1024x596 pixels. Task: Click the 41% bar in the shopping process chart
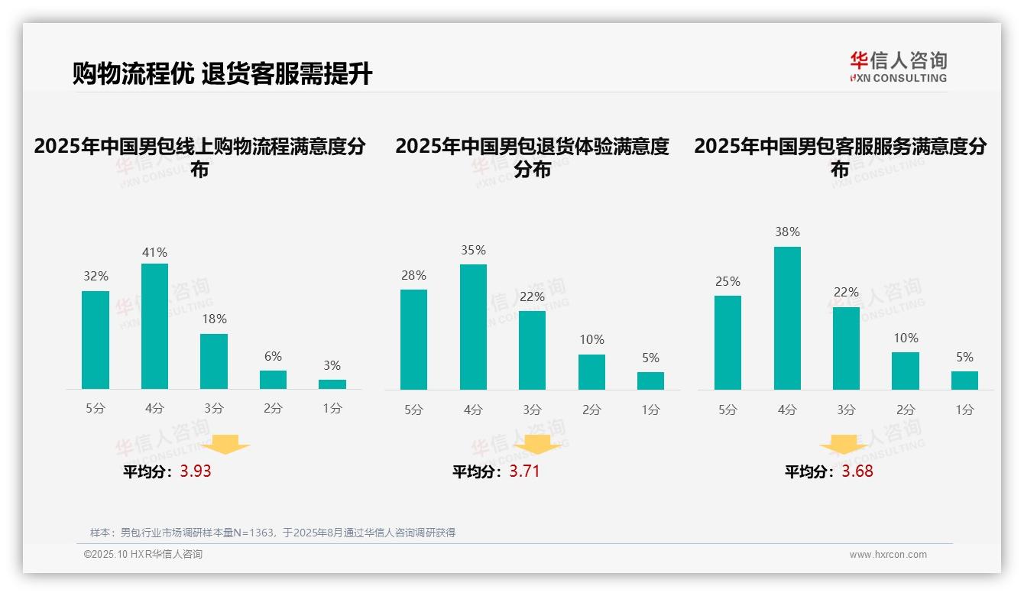coord(154,326)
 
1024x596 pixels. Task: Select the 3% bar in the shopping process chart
coord(332,384)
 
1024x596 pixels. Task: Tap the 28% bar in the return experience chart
coord(413,339)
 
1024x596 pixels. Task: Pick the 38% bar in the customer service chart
coord(787,318)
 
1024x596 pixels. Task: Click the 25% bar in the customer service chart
coord(727,342)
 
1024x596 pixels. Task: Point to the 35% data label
coord(473,251)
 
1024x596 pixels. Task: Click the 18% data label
coord(214,319)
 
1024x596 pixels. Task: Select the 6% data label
coord(273,356)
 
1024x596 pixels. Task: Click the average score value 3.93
coord(196,471)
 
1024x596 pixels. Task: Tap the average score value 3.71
coord(525,471)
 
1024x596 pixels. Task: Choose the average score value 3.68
coord(857,471)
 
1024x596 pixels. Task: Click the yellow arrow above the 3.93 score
coord(226,445)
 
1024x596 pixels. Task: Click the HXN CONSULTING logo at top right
coord(899,66)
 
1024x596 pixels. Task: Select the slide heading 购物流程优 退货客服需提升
coord(222,74)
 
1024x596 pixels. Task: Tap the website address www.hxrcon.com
coord(888,555)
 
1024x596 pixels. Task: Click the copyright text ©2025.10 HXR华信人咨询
coord(143,555)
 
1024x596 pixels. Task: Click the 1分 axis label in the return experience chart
coord(650,410)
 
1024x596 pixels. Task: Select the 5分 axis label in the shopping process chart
coord(96,409)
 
